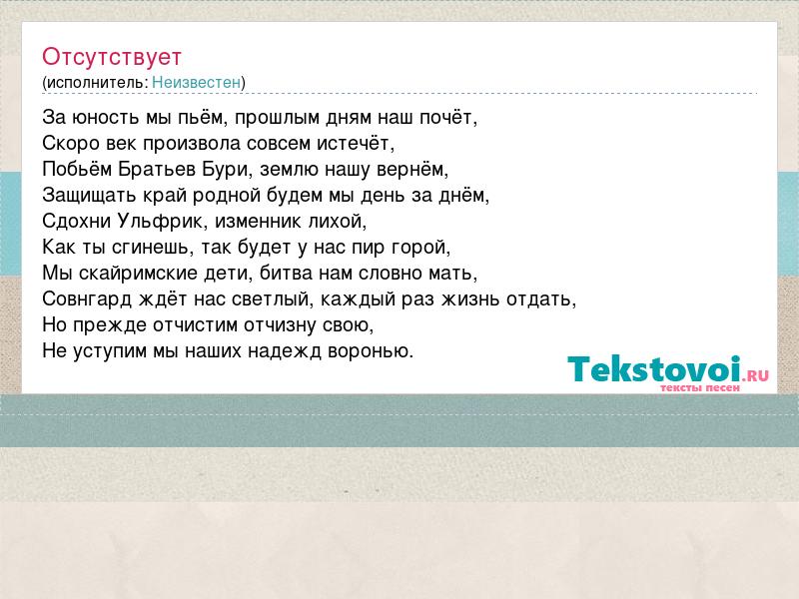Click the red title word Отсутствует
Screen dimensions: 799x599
112,57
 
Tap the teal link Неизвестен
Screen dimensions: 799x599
196,82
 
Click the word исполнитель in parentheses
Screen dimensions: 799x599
97,83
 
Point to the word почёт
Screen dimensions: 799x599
446,118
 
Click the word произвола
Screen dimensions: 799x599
192,144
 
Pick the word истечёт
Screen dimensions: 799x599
354,144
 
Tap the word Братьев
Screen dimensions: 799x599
157,169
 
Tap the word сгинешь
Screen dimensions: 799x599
150,248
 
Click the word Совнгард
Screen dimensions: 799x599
88,299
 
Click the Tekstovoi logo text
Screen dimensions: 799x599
654,368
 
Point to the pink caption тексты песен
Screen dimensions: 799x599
700,387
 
